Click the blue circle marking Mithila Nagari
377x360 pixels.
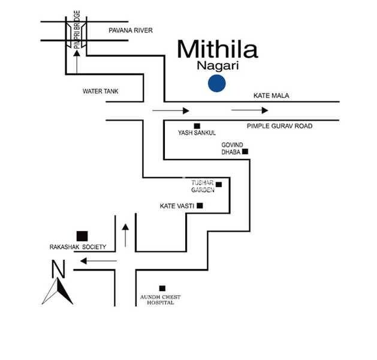click(x=216, y=83)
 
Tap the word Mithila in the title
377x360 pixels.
click(x=218, y=49)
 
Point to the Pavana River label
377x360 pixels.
click(x=131, y=30)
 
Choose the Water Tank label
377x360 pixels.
click(x=101, y=91)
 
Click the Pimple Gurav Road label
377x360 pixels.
click(x=280, y=126)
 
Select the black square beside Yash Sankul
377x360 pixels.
click(x=197, y=125)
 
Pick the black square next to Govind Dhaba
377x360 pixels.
click(x=245, y=152)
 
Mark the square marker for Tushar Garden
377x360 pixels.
click(x=219, y=184)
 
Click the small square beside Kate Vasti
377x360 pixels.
click(x=200, y=206)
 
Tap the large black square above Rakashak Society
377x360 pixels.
click(x=82, y=236)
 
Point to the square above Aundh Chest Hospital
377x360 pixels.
click(x=161, y=288)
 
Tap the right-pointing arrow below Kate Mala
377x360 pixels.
click(x=250, y=110)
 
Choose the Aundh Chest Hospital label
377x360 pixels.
click(x=161, y=300)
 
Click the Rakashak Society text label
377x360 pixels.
click(x=77, y=247)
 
